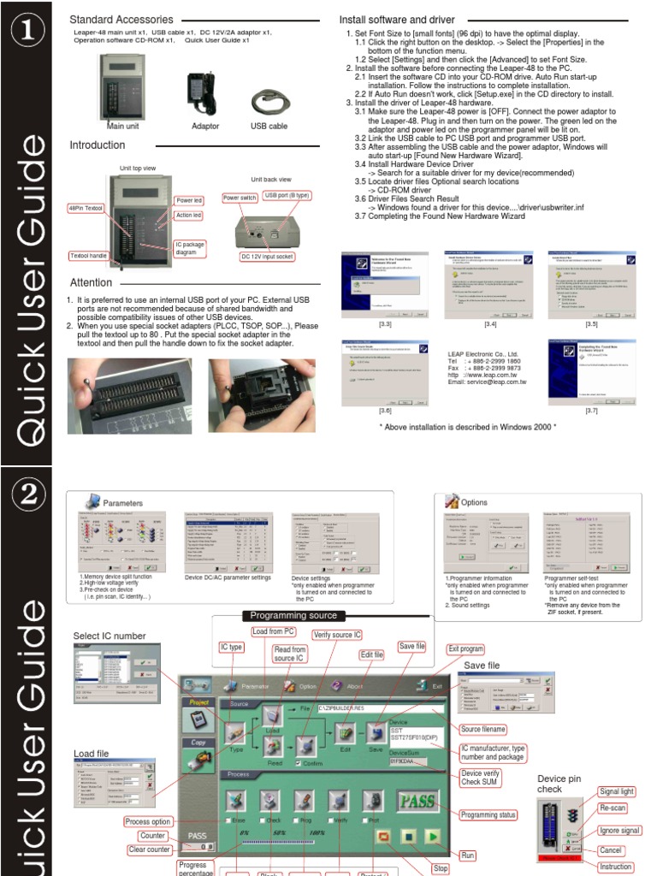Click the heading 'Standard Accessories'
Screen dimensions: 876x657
121,20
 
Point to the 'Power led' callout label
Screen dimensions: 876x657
189,200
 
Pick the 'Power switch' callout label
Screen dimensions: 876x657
240,198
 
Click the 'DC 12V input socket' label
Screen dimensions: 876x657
267,256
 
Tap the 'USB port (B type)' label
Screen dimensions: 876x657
287,195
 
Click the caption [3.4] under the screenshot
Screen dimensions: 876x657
490,324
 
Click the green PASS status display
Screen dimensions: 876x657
418,802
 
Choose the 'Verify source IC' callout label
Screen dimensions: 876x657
336,635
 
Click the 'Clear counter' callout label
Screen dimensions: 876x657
148,849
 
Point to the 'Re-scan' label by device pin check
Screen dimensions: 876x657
612,807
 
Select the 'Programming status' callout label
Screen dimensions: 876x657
488,814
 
